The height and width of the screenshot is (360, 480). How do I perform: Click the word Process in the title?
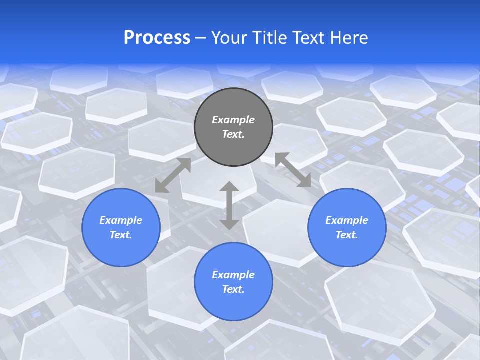(x=157, y=38)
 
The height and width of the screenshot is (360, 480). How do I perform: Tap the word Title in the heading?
(x=272, y=38)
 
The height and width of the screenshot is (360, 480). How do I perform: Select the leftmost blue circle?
(x=121, y=227)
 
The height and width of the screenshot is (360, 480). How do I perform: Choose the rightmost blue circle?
(x=347, y=227)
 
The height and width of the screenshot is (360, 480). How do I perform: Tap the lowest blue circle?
(x=233, y=281)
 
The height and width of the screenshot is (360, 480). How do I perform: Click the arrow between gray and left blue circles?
(x=173, y=175)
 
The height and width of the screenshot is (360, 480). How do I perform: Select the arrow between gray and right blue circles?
(x=293, y=170)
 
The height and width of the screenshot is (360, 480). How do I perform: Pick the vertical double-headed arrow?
(x=229, y=205)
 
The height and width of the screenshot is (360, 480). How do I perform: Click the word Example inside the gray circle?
(x=233, y=120)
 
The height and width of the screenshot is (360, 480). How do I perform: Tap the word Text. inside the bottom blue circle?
(x=233, y=289)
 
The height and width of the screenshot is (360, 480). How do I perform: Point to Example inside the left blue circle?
(x=121, y=220)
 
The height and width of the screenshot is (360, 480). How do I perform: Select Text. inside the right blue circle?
(x=347, y=235)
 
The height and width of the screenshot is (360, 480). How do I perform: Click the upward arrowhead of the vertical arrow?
(x=229, y=187)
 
